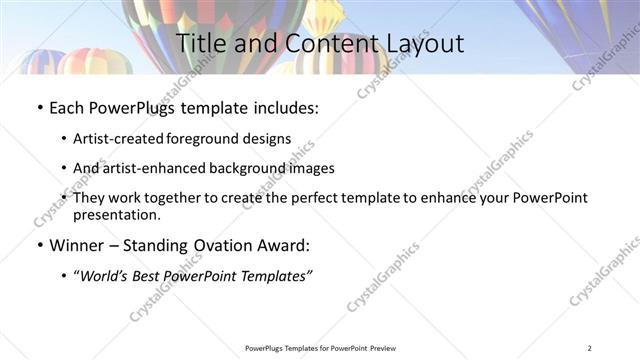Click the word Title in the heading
pos(200,43)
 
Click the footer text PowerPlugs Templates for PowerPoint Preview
pos(320,348)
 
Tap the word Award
pos(275,245)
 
